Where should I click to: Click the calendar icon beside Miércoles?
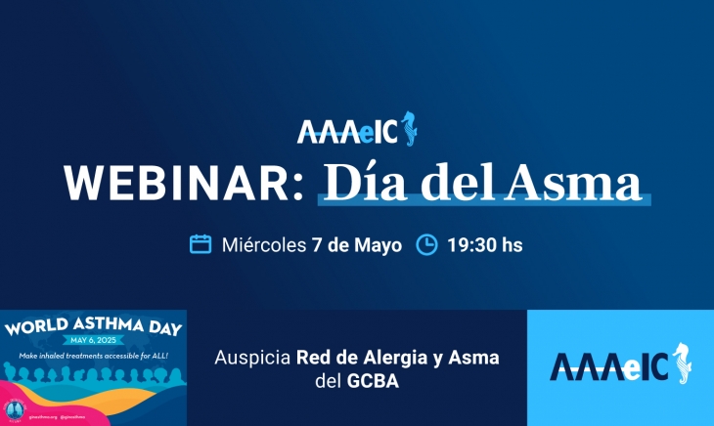(x=201, y=244)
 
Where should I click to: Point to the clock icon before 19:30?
(x=426, y=244)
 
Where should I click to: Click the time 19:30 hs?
(x=485, y=244)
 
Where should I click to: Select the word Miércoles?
(x=264, y=244)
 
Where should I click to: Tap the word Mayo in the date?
(x=378, y=244)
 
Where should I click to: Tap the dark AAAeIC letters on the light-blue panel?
(x=607, y=367)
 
